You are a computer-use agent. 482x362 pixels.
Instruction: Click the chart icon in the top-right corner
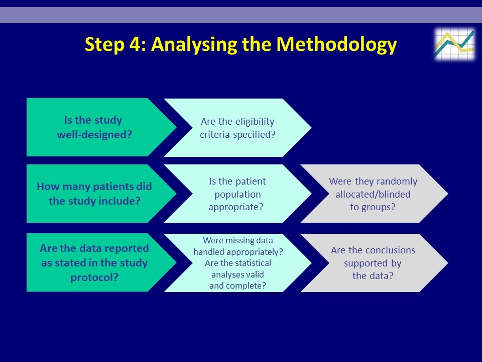coord(454,44)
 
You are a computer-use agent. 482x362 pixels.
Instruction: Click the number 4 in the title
coord(135,44)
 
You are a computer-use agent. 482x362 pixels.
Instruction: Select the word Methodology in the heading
coord(336,45)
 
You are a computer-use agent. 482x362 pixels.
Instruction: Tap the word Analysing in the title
coord(194,45)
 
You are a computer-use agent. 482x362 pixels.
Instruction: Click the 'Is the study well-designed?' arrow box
coord(101,127)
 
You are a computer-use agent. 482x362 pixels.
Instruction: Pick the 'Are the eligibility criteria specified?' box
coord(237,127)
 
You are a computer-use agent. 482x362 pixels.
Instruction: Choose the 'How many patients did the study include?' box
coord(101,194)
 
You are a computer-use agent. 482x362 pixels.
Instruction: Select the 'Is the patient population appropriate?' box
coord(237,194)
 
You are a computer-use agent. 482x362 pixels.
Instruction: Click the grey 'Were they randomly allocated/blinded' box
coord(374,194)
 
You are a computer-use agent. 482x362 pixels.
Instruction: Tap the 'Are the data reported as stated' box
coord(101,262)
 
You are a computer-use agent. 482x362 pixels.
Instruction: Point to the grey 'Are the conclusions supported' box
coord(374,263)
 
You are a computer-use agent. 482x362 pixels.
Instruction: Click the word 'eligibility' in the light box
coord(255,122)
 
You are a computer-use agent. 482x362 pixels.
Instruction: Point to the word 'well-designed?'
coord(94,135)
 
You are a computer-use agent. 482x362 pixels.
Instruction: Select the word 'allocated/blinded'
coord(373,194)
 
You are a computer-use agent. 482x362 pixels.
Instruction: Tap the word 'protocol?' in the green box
coord(94,278)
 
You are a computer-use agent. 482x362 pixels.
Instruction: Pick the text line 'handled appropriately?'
coord(238,252)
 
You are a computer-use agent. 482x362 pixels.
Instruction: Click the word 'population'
coord(237,195)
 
